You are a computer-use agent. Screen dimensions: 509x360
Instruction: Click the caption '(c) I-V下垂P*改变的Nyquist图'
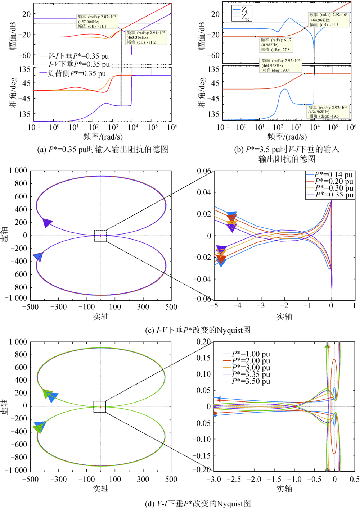[x=198, y=330]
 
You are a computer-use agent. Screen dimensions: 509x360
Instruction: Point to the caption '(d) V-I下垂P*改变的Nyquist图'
[x=198, y=504]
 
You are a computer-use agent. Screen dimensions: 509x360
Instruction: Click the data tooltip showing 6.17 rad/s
[x=276, y=45]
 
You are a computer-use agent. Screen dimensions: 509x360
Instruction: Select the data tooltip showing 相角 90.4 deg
[x=280, y=65]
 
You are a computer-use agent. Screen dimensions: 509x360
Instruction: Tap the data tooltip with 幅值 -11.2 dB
[x=146, y=37]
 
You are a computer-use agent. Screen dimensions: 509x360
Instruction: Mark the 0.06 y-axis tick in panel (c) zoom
[x=204, y=171]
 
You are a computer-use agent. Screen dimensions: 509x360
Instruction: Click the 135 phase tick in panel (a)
[x=24, y=69]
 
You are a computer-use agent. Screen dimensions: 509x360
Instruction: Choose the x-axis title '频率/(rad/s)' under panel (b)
[x=287, y=137]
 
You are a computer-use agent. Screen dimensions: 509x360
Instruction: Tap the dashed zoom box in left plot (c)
[x=100, y=236]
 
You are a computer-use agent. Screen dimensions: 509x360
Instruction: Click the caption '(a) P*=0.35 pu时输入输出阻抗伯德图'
[x=103, y=149]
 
